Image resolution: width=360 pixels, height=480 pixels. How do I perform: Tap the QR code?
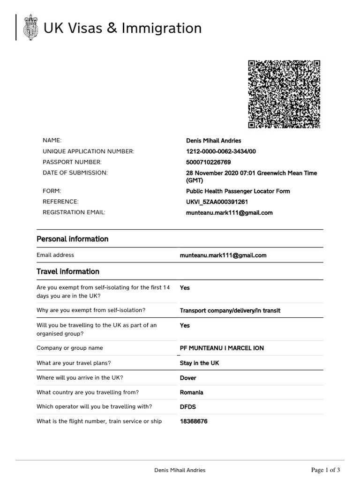[x=284, y=94]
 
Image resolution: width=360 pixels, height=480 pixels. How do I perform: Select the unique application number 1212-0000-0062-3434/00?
[x=221, y=151]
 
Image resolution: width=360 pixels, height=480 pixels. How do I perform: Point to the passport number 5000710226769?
[x=209, y=162]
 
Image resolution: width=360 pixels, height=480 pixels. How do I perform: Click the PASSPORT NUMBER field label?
[x=72, y=162]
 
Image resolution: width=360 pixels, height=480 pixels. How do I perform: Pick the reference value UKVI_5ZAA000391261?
[x=217, y=202]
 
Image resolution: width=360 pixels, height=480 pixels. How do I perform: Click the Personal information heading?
[x=72, y=239]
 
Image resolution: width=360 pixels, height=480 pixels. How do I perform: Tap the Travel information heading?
[x=68, y=271]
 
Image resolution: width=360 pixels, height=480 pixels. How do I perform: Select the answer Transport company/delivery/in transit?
[x=230, y=310]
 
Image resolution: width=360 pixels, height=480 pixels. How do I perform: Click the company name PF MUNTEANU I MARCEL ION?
[x=222, y=348]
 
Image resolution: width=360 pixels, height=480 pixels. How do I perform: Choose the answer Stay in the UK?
[x=199, y=363]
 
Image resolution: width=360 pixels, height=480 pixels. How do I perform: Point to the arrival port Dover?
[x=188, y=378]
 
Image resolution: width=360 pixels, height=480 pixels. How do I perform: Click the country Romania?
[x=192, y=392]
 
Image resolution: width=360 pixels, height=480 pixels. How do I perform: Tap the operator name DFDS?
[x=187, y=407]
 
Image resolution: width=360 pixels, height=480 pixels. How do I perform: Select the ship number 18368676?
[x=194, y=421]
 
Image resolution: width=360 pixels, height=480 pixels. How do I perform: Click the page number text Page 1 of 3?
[x=326, y=470]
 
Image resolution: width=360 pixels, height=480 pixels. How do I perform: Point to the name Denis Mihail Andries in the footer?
[x=180, y=470]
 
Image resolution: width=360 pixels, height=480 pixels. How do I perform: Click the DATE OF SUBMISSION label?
[x=75, y=173]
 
